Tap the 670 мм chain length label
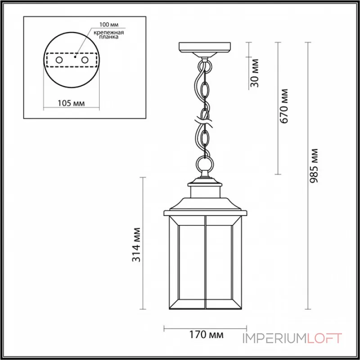tap(284, 106)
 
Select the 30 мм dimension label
tap(255, 72)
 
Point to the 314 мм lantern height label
tap(137, 245)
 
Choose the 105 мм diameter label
tap(72, 103)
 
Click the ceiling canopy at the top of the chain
tap(205, 48)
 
